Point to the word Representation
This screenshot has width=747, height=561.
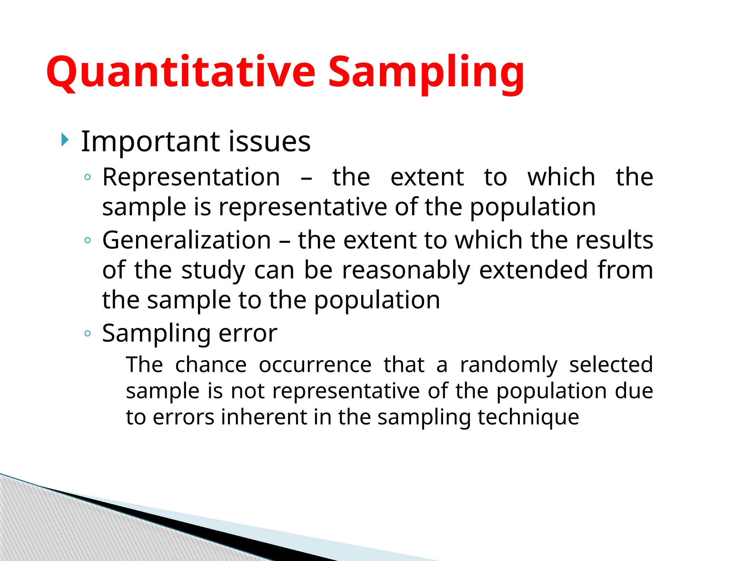pos(191,178)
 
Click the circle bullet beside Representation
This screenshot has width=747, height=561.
pos(87,178)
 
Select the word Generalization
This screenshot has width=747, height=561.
pos(186,240)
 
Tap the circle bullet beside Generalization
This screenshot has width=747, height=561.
pos(87,240)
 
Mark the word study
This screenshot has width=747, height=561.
pos(213,271)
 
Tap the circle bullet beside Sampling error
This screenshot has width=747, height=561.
pos(87,333)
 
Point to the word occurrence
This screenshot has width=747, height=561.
pos(315,365)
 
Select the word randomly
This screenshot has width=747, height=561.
pos(508,365)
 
